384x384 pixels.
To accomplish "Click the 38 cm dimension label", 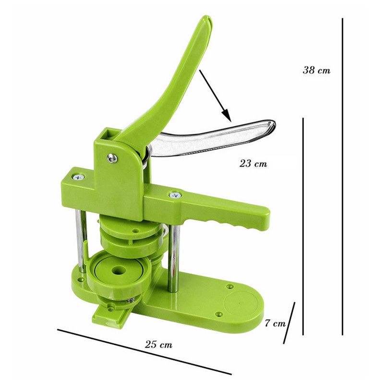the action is (316, 70).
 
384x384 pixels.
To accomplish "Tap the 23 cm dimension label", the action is (253, 163).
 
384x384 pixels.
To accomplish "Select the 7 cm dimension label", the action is (275, 323).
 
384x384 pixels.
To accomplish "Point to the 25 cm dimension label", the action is (158, 344).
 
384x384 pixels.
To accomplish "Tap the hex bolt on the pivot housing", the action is (112, 158).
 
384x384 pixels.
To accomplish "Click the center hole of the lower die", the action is (119, 271).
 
